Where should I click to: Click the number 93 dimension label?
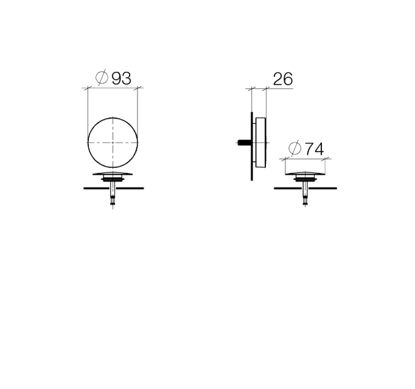coord(122,79)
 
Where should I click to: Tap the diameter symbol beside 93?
coord(102,77)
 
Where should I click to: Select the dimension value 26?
coord(283,79)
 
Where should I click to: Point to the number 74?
coord(315,149)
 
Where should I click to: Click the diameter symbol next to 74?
coord(295,148)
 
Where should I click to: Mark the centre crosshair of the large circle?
coord(113,142)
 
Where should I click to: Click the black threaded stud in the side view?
coord(244,142)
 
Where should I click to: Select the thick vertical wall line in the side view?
coord(252,147)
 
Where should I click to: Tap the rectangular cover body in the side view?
coord(260,142)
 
